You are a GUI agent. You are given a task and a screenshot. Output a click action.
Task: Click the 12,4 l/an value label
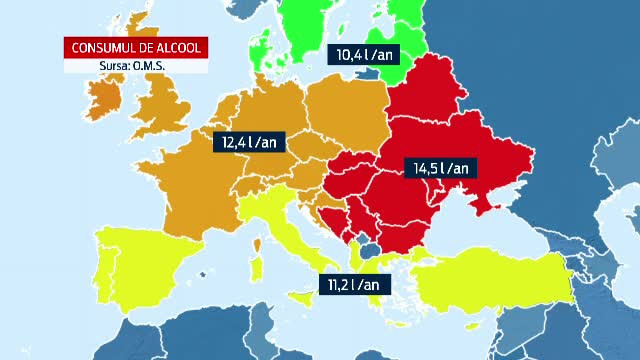click(248, 142)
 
